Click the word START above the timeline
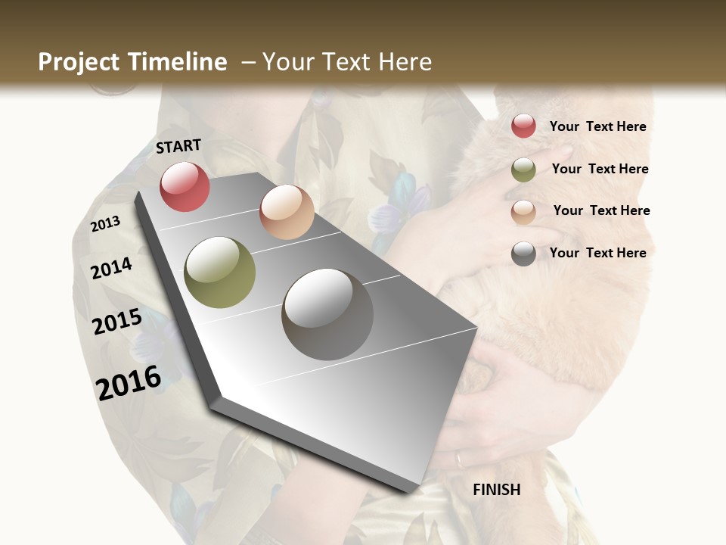tap(178, 146)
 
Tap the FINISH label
tap(497, 490)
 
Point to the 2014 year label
tap(111, 268)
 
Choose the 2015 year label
tap(117, 322)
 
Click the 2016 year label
tap(129, 382)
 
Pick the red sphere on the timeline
tap(185, 186)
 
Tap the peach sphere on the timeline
tap(287, 212)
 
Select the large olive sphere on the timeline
tap(220, 272)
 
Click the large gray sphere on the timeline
tap(327, 314)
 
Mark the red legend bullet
tap(523, 126)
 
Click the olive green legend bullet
tap(523, 170)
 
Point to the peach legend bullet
tap(523, 212)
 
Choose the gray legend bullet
tap(523, 254)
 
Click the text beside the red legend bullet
tap(597, 127)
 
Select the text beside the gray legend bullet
tap(597, 253)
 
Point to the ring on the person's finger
tap(460, 458)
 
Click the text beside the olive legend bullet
tap(600, 169)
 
